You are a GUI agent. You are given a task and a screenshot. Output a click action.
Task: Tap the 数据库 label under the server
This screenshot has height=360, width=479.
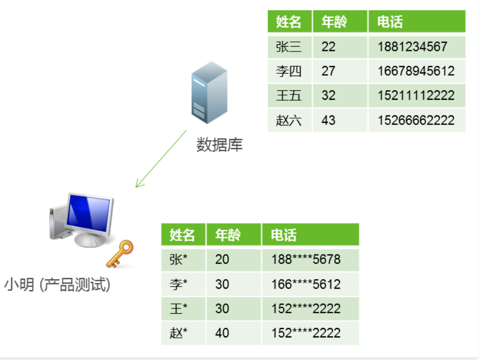point(219,145)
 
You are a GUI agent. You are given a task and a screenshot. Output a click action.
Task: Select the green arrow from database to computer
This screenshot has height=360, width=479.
point(161,158)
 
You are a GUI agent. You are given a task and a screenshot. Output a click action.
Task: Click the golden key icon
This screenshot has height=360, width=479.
point(120,253)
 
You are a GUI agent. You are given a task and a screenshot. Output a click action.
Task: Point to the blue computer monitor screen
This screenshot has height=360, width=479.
point(89,215)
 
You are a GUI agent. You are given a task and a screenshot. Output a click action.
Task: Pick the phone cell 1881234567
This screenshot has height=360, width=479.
point(412,47)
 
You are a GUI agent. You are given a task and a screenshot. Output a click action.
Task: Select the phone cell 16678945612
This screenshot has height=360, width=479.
point(416,71)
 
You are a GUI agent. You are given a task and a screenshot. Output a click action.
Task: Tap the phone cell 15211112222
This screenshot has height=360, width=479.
point(416,96)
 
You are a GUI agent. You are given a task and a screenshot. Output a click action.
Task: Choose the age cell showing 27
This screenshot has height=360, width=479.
point(328,71)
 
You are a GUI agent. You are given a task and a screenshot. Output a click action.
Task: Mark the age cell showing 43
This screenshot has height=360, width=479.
point(328,120)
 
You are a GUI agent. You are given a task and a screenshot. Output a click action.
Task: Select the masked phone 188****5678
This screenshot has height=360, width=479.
point(306,259)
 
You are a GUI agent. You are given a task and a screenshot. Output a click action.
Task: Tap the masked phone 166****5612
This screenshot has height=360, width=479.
point(306,284)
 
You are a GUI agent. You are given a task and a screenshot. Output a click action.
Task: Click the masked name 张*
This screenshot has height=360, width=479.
point(178,259)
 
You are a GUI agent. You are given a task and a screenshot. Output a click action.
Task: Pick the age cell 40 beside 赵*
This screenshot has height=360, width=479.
point(222,333)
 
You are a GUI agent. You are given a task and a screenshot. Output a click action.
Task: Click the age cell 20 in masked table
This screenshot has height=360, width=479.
point(222,259)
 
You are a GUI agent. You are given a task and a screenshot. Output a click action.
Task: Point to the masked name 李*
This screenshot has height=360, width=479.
point(178,284)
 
